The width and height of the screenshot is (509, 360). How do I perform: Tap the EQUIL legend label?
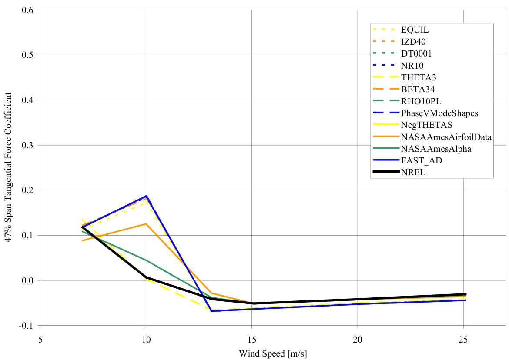click(x=415, y=30)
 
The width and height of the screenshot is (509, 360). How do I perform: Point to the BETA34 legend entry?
click(x=417, y=89)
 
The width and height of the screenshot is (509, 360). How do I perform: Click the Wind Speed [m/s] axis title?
click(x=273, y=353)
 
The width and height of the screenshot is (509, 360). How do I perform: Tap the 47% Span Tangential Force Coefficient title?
click(x=9, y=167)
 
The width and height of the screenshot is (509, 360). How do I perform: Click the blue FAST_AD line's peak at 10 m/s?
click(x=146, y=196)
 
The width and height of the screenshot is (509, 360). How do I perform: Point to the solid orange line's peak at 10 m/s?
click(x=146, y=224)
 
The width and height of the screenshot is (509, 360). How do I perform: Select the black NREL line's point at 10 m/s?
click(x=146, y=277)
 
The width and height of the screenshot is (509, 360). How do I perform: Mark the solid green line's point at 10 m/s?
click(x=146, y=260)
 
